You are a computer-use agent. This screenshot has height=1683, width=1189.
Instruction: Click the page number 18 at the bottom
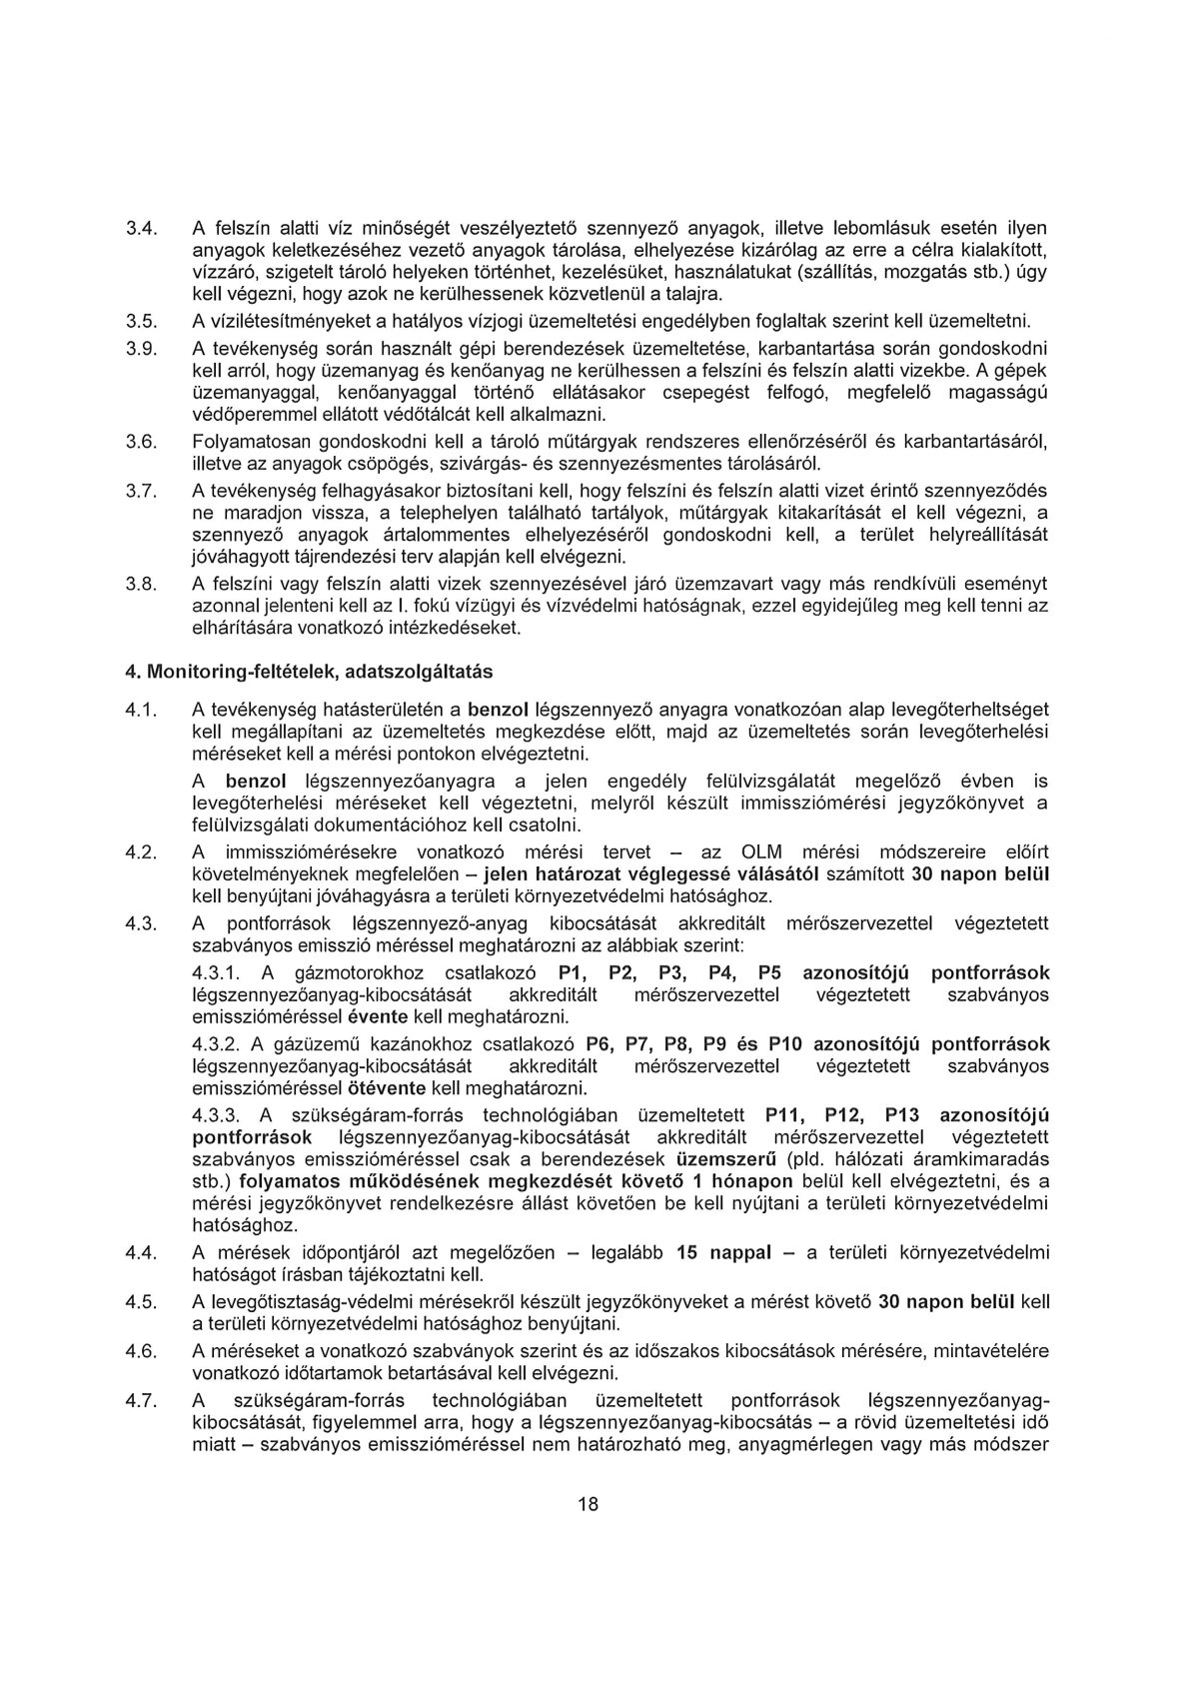coord(588,1505)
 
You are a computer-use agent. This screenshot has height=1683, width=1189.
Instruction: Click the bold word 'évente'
coord(376,1016)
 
